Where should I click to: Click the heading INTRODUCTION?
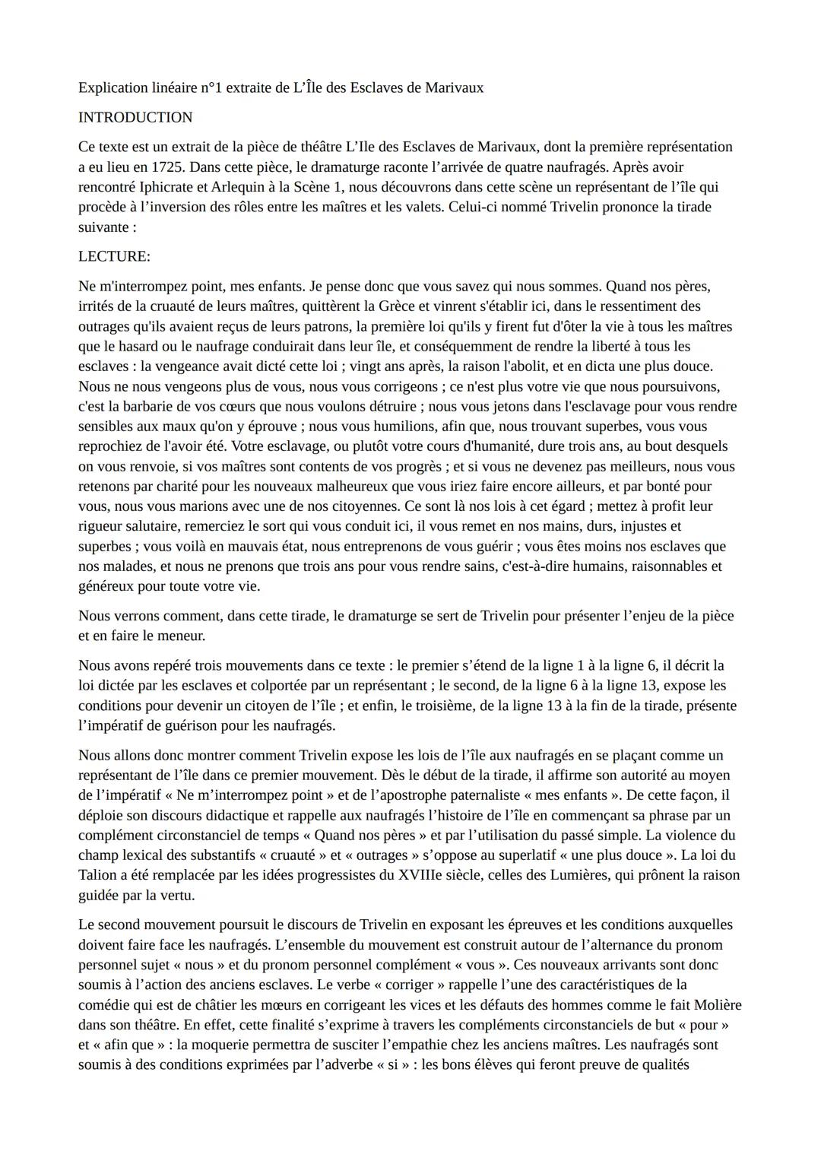135,117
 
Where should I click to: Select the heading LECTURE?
114,256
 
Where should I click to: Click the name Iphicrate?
171,186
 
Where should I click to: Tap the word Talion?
98,875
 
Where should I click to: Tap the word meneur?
181,635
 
